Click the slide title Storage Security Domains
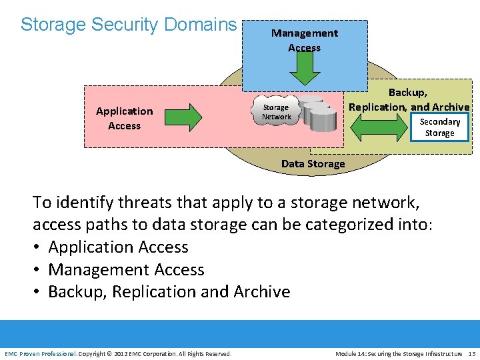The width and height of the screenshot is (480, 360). pos(129,25)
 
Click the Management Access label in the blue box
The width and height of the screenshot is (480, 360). pos(304,40)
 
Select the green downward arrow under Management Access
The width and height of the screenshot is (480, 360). pos(305,67)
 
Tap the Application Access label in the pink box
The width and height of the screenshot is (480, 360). pos(124,118)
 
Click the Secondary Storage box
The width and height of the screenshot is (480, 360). pos(439,127)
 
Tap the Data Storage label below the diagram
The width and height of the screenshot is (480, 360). pos(313,164)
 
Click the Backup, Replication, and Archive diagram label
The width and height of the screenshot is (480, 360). pos(409,99)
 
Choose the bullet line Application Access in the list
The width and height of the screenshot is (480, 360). pos(118,247)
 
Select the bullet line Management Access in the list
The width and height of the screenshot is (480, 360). pos(126,270)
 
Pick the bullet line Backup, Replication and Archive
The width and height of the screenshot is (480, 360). pos(169,292)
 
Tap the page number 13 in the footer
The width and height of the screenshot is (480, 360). pos(471,353)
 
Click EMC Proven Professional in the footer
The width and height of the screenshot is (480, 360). pos(41,353)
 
